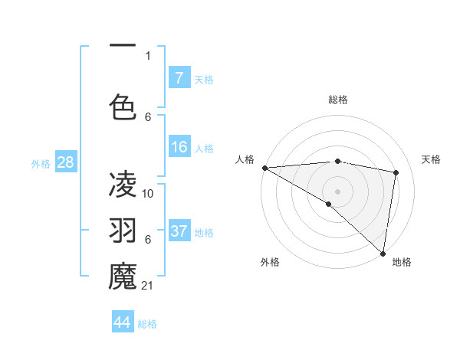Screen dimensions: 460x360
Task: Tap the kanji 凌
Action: click(x=123, y=183)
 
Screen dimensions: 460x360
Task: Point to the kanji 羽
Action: click(x=123, y=230)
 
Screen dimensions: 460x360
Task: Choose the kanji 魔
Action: click(x=123, y=276)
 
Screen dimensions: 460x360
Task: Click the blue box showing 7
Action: click(x=179, y=77)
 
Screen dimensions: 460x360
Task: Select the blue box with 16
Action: click(x=179, y=147)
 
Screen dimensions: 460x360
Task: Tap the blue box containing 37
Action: click(x=179, y=231)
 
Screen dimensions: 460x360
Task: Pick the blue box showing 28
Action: click(x=65, y=162)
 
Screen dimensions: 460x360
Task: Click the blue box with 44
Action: click(x=123, y=322)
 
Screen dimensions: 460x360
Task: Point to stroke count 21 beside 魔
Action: click(x=149, y=286)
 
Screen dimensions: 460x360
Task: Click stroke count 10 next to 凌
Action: click(x=149, y=193)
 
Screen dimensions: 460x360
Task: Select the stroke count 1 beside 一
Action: click(x=148, y=55)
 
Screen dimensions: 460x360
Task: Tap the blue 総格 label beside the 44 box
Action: click(x=148, y=324)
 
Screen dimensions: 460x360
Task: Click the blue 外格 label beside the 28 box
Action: click(x=41, y=163)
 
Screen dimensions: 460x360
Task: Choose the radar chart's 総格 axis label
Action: click(x=338, y=100)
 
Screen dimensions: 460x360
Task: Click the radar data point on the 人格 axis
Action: click(x=264, y=168)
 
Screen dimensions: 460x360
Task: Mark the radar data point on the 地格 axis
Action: click(x=383, y=253)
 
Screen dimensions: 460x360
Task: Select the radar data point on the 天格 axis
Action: click(x=396, y=172)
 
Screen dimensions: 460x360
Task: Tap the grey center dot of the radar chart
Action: click(x=338, y=190)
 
